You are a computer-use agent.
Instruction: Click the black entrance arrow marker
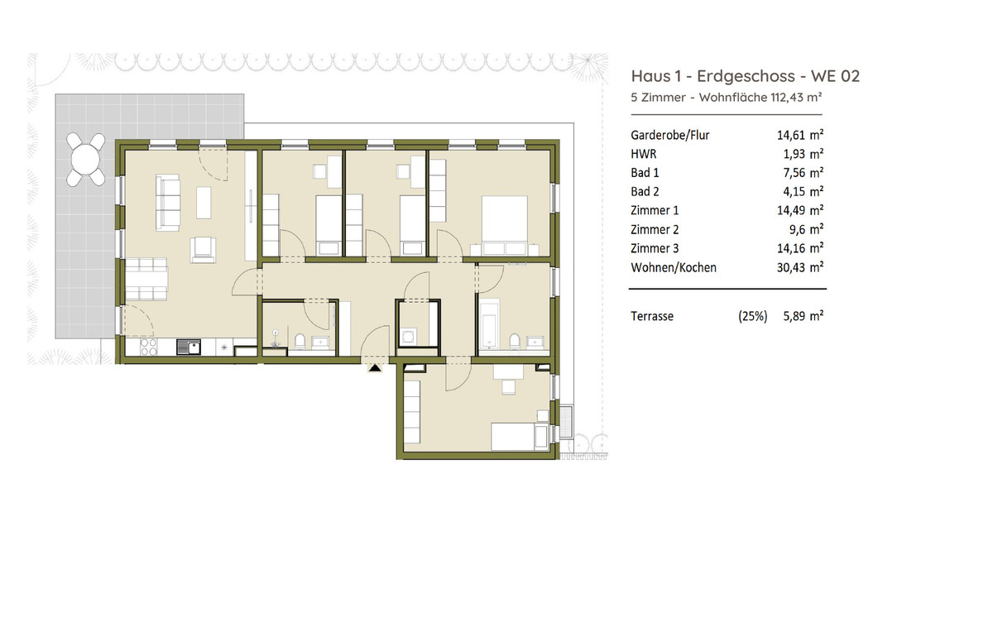point(375,367)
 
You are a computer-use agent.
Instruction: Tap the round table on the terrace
point(85,159)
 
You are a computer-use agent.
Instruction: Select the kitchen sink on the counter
point(189,347)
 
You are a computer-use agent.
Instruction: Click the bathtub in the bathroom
point(489,323)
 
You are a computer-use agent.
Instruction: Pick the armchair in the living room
point(203,250)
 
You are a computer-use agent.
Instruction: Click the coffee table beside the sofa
point(204,203)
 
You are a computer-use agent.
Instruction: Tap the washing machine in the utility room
point(408,337)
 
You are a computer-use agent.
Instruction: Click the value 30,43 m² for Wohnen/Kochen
point(799,267)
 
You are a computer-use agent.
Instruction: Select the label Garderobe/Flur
point(669,135)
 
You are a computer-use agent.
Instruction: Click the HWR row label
point(643,154)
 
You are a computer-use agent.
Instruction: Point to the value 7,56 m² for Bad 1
point(803,172)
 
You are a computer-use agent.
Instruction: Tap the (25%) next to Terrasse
point(752,316)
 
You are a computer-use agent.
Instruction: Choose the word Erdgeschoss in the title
point(746,76)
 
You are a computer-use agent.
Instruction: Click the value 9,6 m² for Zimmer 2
point(807,229)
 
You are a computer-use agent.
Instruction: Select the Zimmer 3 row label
point(655,248)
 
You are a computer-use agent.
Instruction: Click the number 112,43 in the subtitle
point(787,97)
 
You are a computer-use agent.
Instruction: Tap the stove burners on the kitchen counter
point(148,347)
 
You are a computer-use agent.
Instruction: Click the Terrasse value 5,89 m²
point(803,316)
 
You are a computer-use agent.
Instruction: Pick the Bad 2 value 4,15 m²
point(803,191)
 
